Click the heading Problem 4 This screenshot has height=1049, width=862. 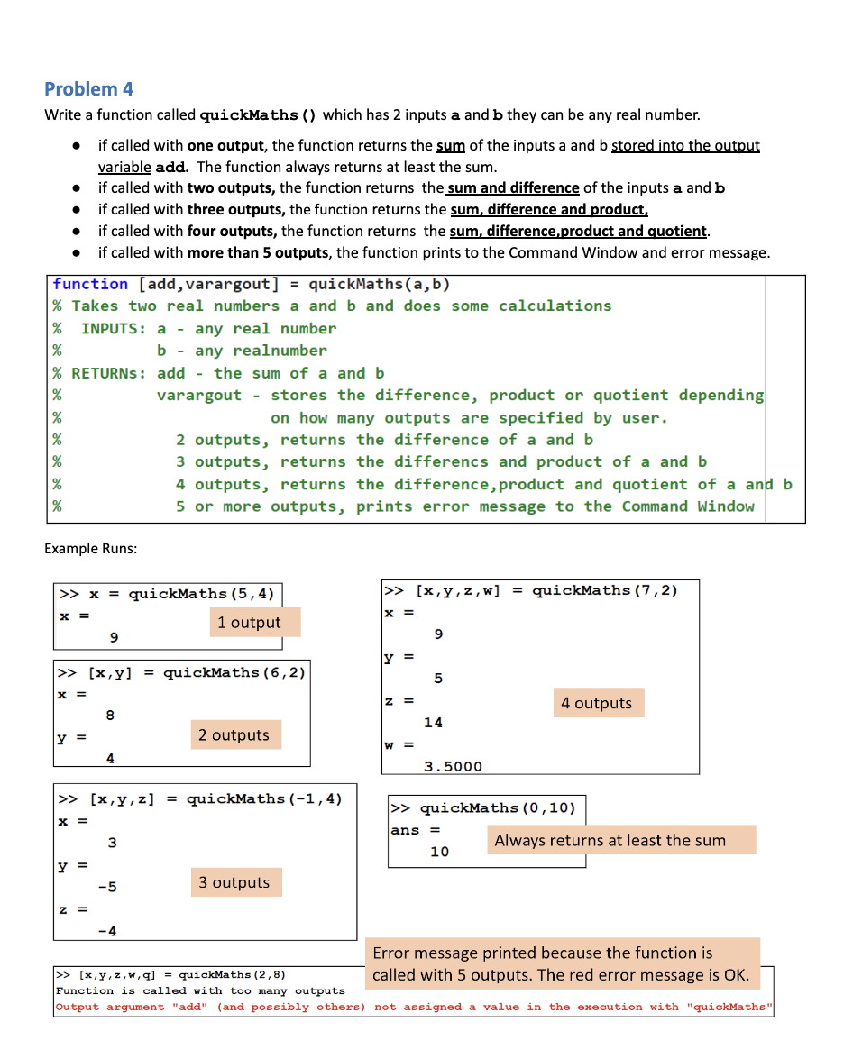tap(88, 88)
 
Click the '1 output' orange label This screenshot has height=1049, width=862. tap(249, 623)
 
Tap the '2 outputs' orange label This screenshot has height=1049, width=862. tap(234, 735)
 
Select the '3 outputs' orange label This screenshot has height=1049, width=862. tap(234, 882)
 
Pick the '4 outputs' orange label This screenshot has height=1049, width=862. tap(596, 703)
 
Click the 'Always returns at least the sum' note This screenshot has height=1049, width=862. tap(610, 841)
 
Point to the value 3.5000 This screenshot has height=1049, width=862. tap(453, 767)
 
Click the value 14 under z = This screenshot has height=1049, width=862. tap(433, 723)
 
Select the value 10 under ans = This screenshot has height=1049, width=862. tap(439, 852)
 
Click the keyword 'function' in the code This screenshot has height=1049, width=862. tap(90, 285)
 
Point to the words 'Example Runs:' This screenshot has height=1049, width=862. tap(90, 549)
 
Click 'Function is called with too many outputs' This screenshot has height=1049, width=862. tap(200, 990)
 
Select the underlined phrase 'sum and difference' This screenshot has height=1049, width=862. tap(513, 188)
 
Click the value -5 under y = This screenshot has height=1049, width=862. tap(106, 887)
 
